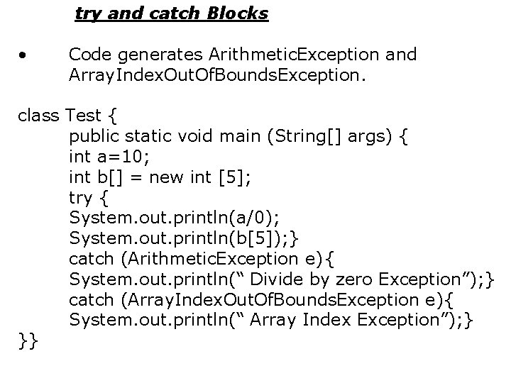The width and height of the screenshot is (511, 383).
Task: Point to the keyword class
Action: tap(38, 114)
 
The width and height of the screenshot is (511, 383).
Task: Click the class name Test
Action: tap(84, 114)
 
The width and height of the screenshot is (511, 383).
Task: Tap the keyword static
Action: tap(145, 135)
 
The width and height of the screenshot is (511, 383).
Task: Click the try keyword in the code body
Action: tap(81, 196)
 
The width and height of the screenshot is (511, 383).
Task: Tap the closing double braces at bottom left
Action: tap(29, 340)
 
